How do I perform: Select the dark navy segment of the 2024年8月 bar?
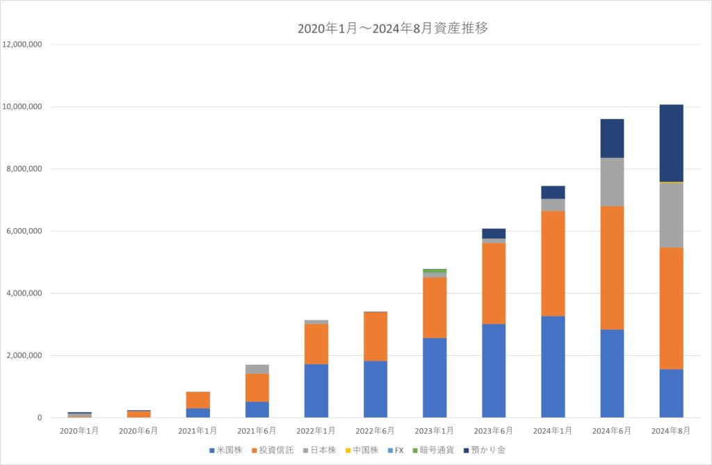tap(671, 142)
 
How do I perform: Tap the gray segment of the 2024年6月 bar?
tap(612, 182)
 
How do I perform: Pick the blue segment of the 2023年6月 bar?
tap(494, 370)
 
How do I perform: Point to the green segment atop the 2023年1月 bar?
tap(435, 270)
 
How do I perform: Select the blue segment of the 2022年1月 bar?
tap(316, 391)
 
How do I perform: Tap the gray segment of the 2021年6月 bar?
tap(257, 369)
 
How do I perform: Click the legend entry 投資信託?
tap(273, 450)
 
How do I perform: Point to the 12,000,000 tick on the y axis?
tap(23, 44)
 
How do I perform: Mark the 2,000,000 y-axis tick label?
tap(25, 356)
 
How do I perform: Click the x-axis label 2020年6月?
tap(139, 431)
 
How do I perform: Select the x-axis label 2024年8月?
tap(671, 431)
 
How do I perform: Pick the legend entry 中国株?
tap(359, 450)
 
